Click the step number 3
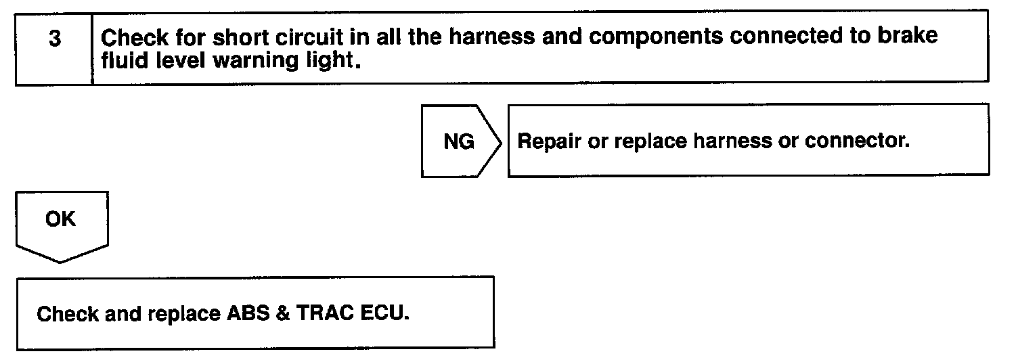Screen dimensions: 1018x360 tap(54, 39)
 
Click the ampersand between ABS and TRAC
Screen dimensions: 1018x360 tap(277, 315)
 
